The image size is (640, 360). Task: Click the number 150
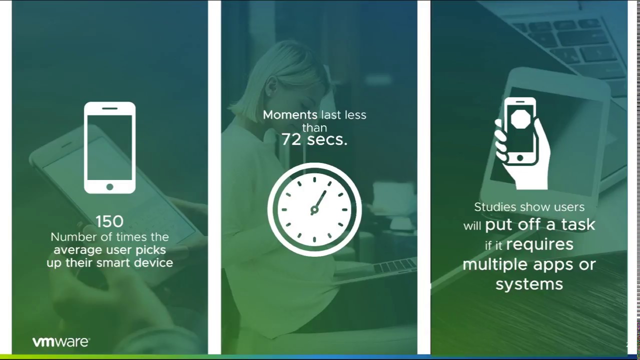pos(109,221)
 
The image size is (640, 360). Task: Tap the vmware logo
pos(61,342)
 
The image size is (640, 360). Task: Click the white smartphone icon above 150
pos(109,147)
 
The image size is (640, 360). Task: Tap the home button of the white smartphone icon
pos(109,186)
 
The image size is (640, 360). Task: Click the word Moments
pos(290,115)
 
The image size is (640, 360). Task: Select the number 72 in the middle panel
pos(291,139)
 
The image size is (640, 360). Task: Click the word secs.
pos(327,139)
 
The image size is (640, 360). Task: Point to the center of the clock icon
pos(314,209)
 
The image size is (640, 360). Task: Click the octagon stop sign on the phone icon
pos(520,119)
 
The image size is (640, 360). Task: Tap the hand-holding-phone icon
pos(521,142)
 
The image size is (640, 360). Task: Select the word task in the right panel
pos(577,224)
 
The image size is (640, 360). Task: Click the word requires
pos(539,244)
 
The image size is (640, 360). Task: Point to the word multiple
pos(495,264)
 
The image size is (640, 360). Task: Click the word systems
pos(529,284)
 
